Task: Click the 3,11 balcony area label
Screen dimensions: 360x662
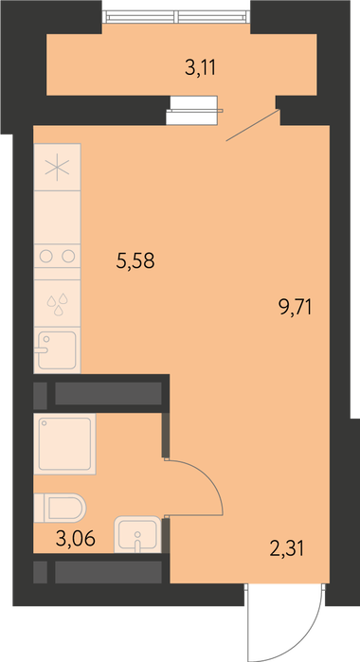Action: click(x=200, y=67)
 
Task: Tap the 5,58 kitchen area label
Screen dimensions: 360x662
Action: click(x=135, y=260)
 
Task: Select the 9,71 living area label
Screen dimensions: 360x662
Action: click(x=295, y=307)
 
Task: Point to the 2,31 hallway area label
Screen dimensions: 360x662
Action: click(x=286, y=549)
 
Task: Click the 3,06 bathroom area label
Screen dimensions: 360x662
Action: click(x=76, y=539)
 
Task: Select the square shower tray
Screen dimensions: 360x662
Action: click(x=64, y=444)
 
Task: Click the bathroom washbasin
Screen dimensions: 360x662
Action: click(x=137, y=534)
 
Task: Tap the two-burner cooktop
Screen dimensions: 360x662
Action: click(x=58, y=256)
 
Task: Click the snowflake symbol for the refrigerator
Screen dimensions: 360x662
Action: click(x=57, y=168)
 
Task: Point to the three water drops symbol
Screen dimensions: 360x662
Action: click(x=58, y=304)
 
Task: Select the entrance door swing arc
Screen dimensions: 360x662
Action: click(x=301, y=636)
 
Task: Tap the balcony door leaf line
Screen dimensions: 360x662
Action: click(x=253, y=125)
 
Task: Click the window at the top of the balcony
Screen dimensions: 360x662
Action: click(x=176, y=17)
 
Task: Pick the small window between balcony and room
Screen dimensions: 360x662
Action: click(x=192, y=111)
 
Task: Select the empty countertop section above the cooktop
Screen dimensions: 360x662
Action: click(x=58, y=217)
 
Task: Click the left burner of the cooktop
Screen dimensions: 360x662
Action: click(x=46, y=256)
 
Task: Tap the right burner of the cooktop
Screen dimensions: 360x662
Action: click(x=68, y=256)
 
